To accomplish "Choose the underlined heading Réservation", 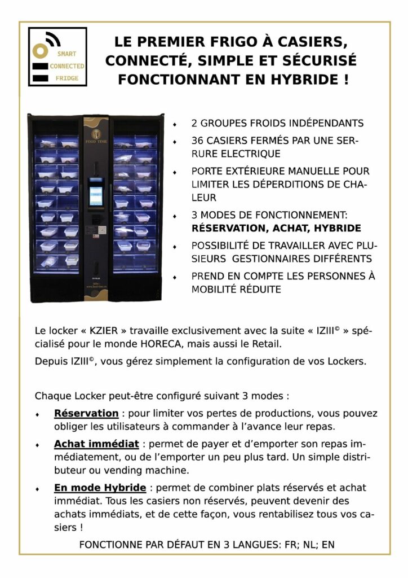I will click(86, 413).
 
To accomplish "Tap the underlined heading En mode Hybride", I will click(100, 487).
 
